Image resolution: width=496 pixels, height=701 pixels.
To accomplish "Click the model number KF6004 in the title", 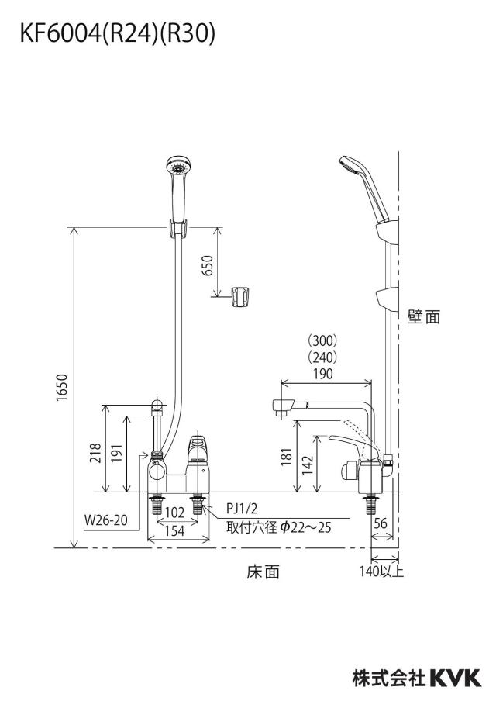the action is pos(60,33).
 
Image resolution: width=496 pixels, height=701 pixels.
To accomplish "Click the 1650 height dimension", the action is pos(62,387).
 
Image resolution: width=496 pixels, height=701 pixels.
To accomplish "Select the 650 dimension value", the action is pos(208,265).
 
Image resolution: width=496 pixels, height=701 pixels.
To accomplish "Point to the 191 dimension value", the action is pos(116,453).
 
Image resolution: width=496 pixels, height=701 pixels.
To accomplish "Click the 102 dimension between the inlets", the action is pos(174,513).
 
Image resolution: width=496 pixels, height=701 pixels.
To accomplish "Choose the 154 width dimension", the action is pos(174,530).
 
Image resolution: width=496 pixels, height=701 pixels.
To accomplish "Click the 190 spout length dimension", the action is pos(323,374).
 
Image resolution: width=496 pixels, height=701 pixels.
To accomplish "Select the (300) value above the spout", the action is pos(322,340).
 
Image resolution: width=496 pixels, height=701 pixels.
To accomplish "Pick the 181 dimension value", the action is pos(287,457).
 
